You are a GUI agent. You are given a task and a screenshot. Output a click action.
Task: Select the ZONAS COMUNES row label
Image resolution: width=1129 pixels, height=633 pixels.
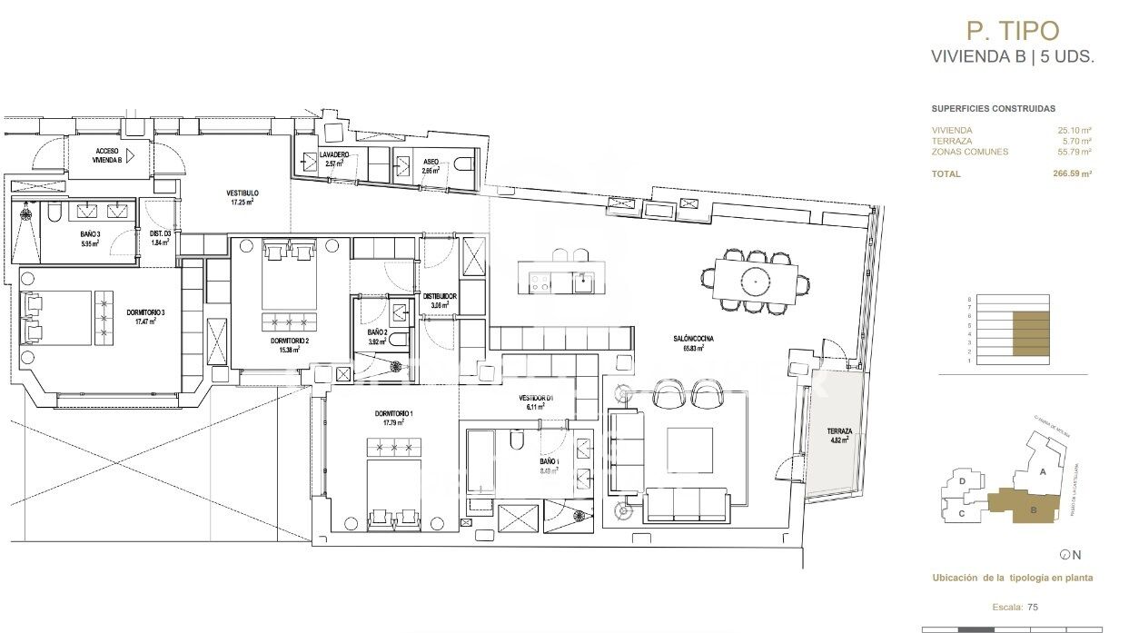pos(969,152)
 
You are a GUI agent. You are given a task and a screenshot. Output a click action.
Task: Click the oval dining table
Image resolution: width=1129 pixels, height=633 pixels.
pos(755,281)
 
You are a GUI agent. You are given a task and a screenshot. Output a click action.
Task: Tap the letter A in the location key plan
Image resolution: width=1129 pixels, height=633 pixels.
pos(1044,471)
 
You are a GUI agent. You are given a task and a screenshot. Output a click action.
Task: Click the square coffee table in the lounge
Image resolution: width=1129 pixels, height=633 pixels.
pos(691,451)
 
